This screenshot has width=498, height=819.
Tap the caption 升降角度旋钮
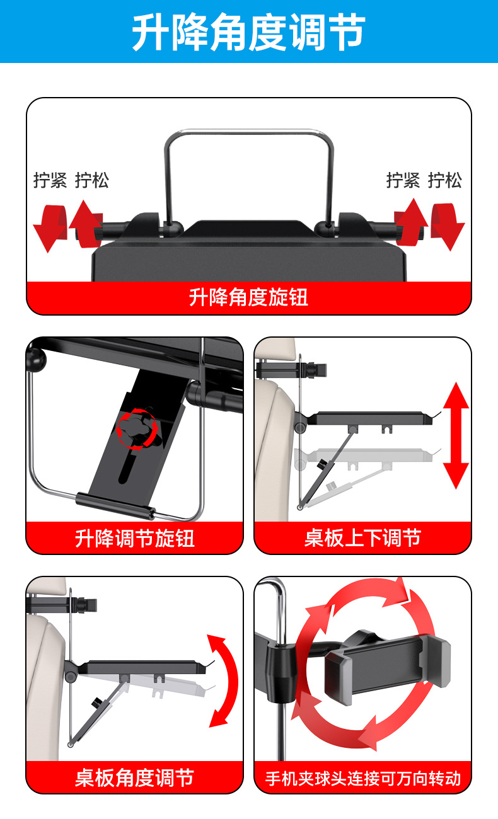click(x=248, y=297)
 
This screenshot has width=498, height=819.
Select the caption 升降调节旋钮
click(x=134, y=538)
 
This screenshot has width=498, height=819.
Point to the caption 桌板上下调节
click(x=362, y=538)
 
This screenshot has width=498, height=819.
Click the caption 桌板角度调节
click(x=134, y=777)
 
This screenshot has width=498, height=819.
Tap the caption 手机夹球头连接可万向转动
click(x=362, y=779)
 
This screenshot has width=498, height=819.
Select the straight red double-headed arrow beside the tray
click(x=456, y=435)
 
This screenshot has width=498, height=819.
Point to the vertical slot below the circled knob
click(x=129, y=469)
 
